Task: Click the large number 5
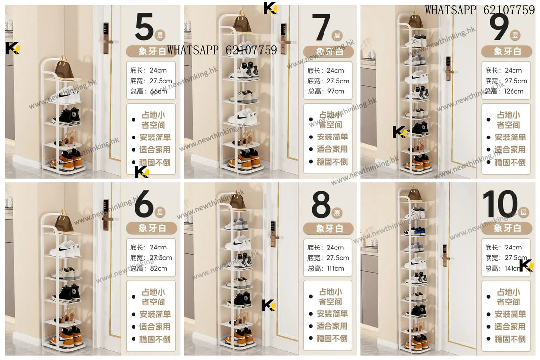click(144, 28)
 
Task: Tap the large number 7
click(322, 28)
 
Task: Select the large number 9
click(499, 28)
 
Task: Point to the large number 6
click(144, 205)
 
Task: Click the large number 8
click(322, 205)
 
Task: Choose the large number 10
click(500, 205)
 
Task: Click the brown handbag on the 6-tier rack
click(64, 223)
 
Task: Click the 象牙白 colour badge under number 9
click(506, 51)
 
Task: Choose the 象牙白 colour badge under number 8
click(328, 228)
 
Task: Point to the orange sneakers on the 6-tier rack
click(69, 335)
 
